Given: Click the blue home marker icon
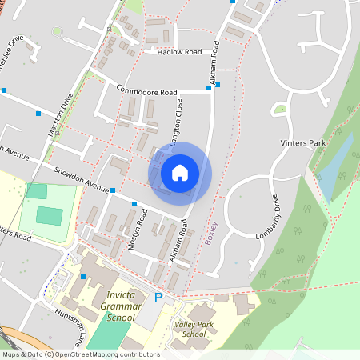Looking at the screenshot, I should click(180, 172).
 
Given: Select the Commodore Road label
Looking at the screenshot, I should click(146, 91).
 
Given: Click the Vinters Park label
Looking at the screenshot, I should click(304, 143).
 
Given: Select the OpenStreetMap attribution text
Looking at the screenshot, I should click(80, 354).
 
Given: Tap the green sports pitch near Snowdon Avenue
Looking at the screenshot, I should click(48, 215).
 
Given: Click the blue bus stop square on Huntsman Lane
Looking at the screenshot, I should click(83, 277).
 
